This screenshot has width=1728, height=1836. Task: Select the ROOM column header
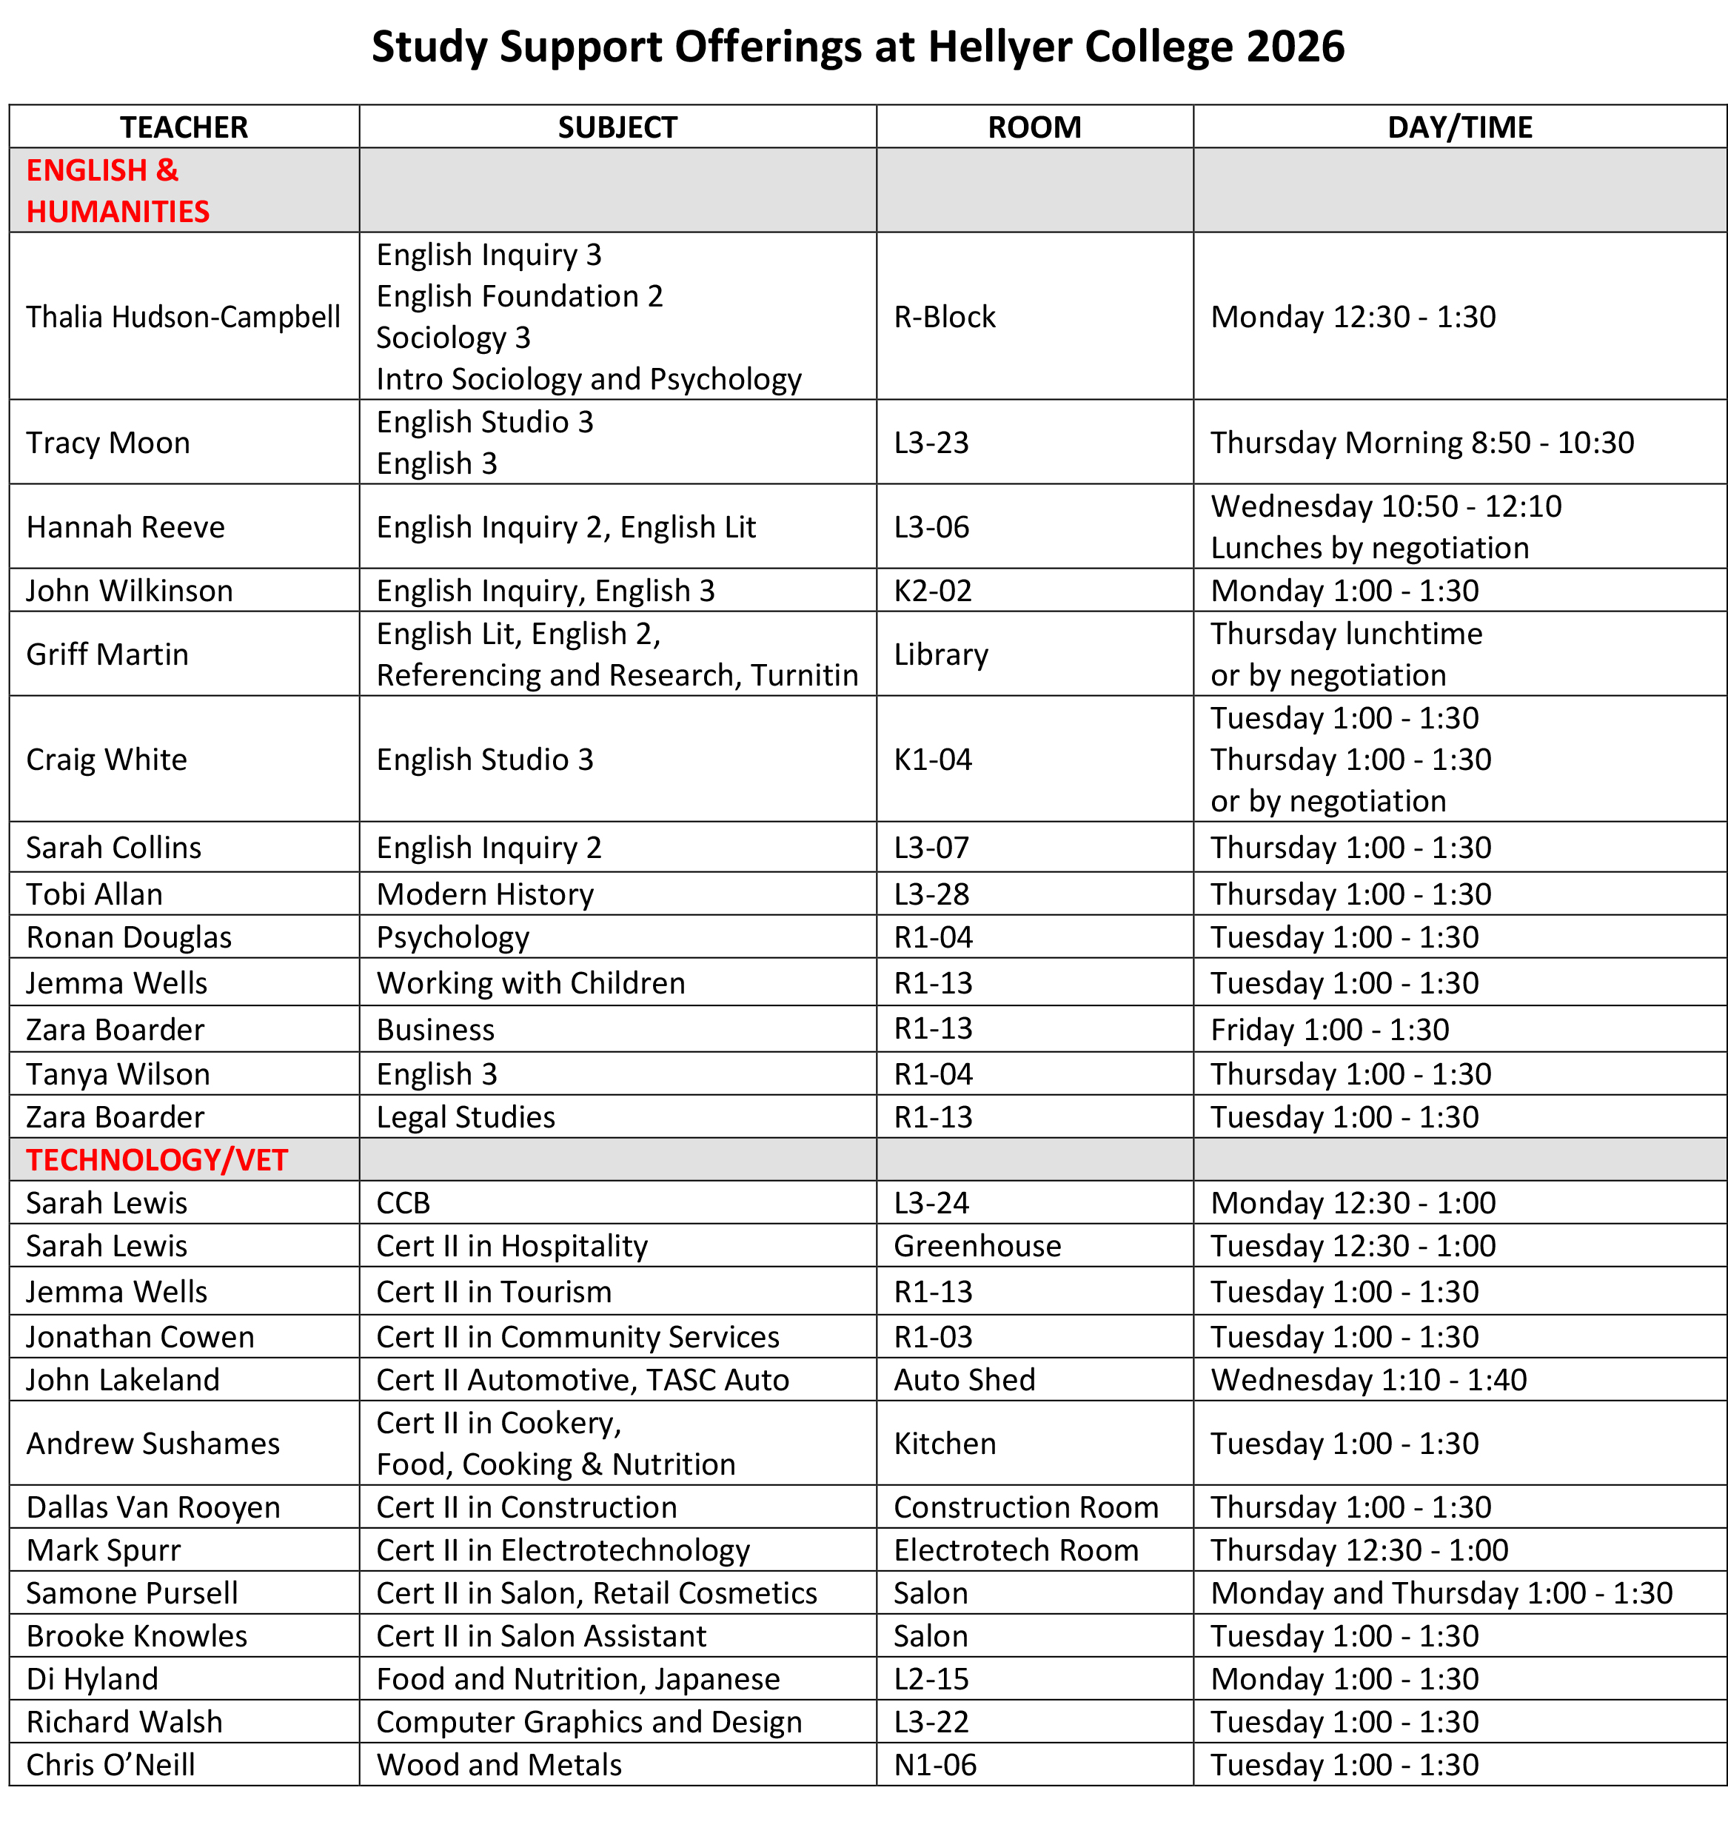coord(1034,127)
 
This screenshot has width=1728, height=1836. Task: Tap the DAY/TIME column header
coord(1459,127)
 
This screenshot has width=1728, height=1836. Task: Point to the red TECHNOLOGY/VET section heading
coord(157,1160)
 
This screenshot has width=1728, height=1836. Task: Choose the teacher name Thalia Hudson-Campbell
coord(183,317)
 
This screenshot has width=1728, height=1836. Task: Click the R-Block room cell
coord(944,317)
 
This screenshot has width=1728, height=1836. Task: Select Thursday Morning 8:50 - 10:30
coord(1421,443)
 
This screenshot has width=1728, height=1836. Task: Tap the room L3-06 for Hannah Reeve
coord(931,527)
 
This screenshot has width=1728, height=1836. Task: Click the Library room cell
coord(940,654)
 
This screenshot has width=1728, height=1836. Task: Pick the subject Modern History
coord(485,894)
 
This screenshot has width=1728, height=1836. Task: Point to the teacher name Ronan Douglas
coord(128,937)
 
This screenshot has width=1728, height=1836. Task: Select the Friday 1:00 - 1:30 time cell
coord(1329,1029)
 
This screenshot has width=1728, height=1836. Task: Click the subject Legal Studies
coord(466,1117)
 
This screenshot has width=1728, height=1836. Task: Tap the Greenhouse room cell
coord(977,1246)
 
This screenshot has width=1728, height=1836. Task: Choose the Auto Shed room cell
coord(964,1380)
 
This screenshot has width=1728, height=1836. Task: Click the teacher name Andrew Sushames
coord(153,1444)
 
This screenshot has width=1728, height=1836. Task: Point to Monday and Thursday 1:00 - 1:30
coord(1441,1593)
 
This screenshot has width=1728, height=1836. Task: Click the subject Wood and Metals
coord(499,1765)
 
